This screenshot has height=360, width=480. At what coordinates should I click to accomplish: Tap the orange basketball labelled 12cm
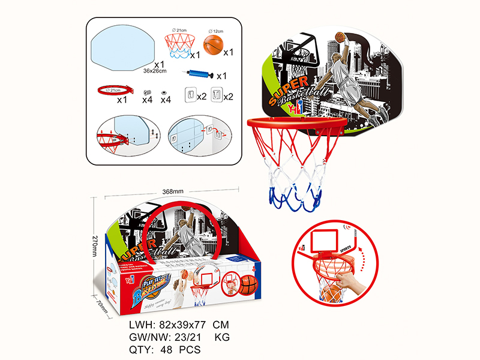[214, 45]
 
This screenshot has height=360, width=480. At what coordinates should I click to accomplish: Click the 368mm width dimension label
[173, 191]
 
